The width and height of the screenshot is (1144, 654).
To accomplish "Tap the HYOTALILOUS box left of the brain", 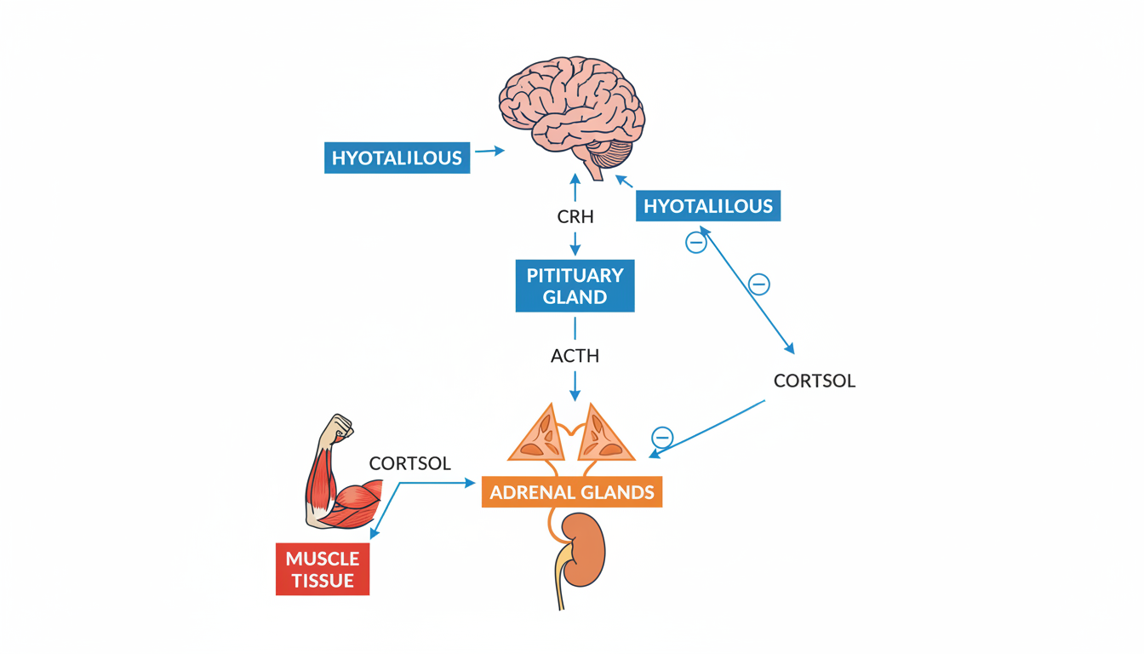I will point(397,158).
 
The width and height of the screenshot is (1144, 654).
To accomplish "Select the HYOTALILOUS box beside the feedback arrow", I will point(707,206).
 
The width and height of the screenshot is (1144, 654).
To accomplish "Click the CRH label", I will point(575,217).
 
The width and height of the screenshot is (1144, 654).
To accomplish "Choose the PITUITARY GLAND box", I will point(575,286).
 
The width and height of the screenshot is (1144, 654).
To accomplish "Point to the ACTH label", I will point(575,356).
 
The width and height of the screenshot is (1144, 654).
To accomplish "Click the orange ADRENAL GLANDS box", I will point(572,492).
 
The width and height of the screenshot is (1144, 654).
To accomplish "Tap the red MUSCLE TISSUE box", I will point(323,570).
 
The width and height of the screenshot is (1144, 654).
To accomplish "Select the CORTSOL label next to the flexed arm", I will point(409,464).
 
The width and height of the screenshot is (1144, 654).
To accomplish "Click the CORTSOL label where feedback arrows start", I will point(814,381).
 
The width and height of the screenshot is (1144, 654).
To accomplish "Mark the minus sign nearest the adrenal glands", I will point(662,438).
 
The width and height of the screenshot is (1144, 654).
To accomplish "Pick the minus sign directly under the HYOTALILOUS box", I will point(696,244).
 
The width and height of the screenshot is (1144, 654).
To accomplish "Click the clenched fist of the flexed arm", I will point(341,427).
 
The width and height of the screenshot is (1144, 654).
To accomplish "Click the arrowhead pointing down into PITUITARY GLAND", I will point(575,250).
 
